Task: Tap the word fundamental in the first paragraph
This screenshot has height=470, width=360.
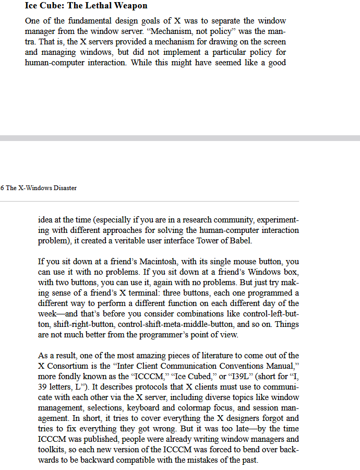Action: [x=92, y=21]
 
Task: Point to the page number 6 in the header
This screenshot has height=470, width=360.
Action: [x=2, y=188]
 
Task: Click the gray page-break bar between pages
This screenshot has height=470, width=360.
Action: [x=180, y=138]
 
